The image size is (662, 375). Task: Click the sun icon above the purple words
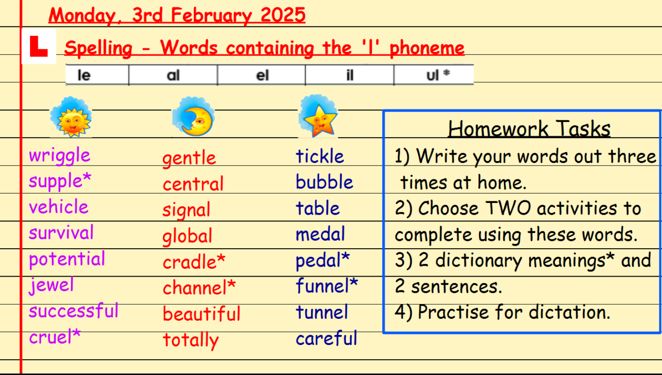(71, 117)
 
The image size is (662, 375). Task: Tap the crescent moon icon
(193, 117)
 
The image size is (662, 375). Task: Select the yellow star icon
(318, 116)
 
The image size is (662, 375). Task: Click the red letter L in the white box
(38, 46)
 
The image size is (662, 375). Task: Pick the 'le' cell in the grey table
(97, 75)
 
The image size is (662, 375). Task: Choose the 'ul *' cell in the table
(434, 75)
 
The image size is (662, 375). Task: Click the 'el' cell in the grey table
(262, 75)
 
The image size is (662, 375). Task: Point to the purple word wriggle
(59, 156)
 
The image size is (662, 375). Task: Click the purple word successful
(74, 311)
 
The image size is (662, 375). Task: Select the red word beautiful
(202, 313)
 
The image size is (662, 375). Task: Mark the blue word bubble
(325, 181)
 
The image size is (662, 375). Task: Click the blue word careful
(327, 338)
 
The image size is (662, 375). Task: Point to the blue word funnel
(323, 286)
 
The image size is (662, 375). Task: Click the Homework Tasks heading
(529, 129)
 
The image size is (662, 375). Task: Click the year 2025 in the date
(283, 15)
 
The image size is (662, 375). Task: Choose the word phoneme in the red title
(427, 48)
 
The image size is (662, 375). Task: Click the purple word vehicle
(58, 206)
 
